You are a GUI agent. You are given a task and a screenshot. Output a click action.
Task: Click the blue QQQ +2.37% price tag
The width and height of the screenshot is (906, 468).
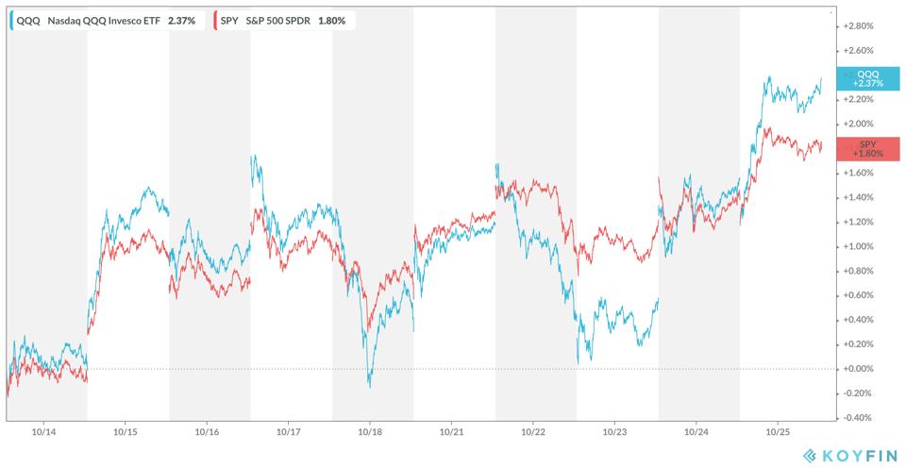(x=866, y=78)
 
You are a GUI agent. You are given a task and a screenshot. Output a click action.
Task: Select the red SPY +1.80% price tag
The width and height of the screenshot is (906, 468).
(x=866, y=148)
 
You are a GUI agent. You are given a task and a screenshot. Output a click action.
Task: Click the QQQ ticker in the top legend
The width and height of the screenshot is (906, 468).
(x=28, y=20)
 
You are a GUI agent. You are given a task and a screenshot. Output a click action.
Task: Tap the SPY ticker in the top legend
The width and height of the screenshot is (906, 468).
(x=230, y=20)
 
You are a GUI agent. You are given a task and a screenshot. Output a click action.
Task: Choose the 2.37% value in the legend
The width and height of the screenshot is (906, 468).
(x=181, y=20)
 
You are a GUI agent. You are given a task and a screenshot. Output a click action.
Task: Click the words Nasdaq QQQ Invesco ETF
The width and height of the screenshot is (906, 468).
(x=104, y=20)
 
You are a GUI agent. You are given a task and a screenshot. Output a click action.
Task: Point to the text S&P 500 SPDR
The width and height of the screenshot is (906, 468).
(x=281, y=20)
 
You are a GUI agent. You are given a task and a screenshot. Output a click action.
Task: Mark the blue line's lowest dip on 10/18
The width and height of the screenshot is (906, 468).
(x=370, y=387)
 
